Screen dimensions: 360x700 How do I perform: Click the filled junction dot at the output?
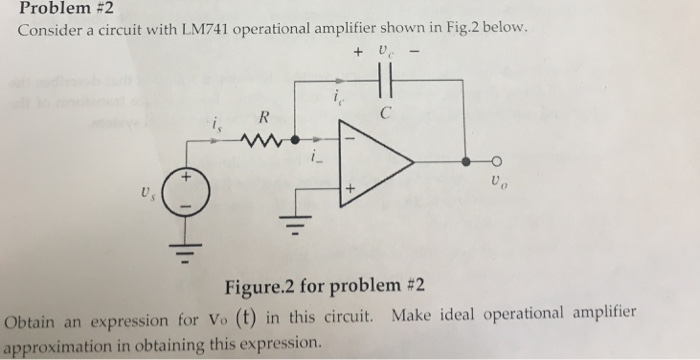465,161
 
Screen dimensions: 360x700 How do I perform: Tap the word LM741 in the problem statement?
203,30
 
